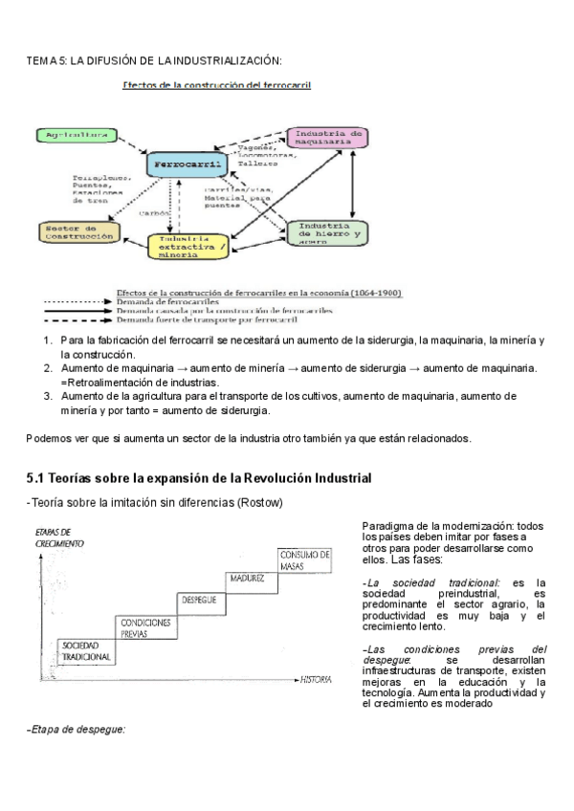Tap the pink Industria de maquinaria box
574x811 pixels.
click(x=326, y=138)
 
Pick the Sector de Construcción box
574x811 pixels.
click(x=77, y=231)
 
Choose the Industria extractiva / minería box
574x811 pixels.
click(x=188, y=246)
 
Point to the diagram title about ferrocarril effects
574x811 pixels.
click(x=215, y=84)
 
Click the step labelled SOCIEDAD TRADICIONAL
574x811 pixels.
click(x=87, y=652)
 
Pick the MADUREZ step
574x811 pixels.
click(x=251, y=579)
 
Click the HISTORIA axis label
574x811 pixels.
click(x=316, y=680)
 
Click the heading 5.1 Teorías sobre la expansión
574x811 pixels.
click(x=198, y=477)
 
